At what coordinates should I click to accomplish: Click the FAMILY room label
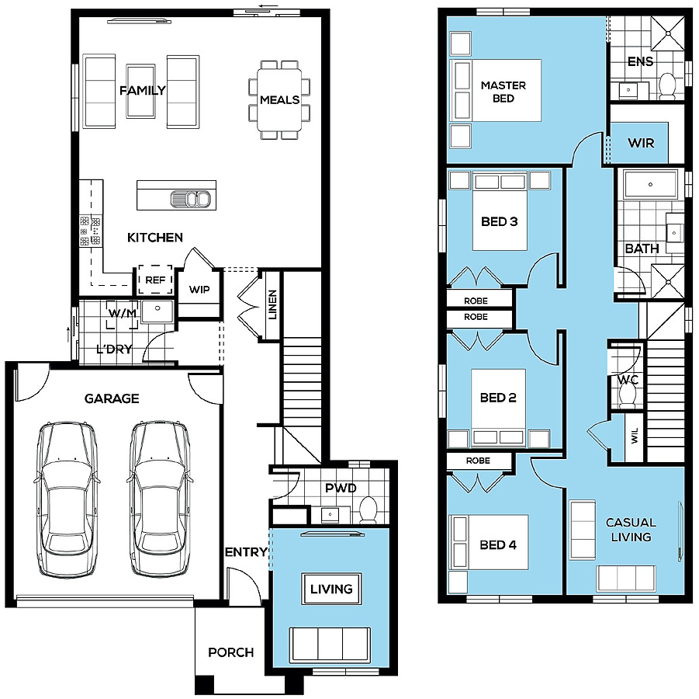(142, 91)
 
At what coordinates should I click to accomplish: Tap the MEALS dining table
(279, 99)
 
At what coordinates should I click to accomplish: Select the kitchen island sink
(190, 199)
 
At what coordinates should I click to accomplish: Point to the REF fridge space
(155, 280)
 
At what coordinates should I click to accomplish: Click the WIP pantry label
(199, 289)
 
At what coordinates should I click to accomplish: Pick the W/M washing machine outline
(122, 315)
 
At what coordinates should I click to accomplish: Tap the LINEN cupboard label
(272, 304)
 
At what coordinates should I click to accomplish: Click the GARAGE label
(112, 398)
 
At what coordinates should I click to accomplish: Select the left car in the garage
(67, 499)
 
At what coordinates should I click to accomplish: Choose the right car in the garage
(160, 499)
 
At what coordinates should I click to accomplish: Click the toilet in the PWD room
(369, 509)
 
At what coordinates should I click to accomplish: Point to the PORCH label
(231, 652)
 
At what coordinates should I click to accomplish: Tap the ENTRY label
(246, 552)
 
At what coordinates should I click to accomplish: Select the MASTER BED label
(503, 92)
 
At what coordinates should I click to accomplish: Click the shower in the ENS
(668, 33)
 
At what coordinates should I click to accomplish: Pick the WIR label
(641, 143)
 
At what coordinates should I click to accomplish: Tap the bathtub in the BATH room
(651, 184)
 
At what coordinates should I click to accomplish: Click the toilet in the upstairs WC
(628, 395)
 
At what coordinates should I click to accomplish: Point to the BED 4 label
(498, 544)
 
